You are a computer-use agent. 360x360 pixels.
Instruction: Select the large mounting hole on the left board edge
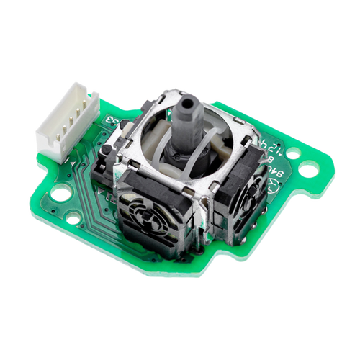pyautogui.click(x=61, y=193)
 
